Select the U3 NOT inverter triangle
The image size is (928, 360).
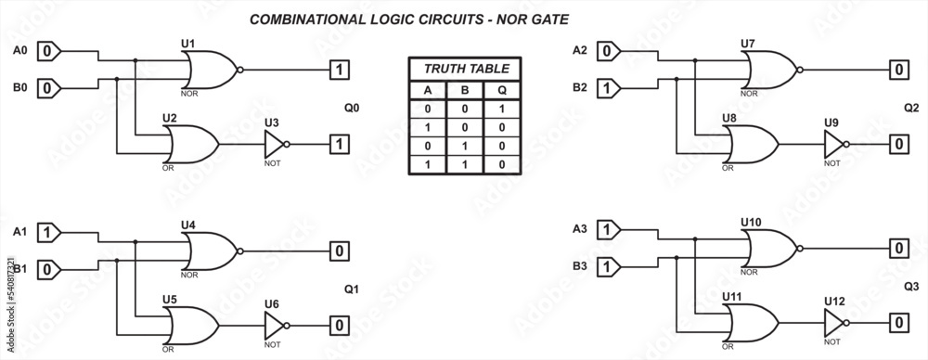(275, 144)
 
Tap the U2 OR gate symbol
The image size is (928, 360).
(190, 144)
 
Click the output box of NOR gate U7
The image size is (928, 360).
(898, 70)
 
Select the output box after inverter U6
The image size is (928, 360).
(341, 325)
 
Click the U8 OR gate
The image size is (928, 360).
(752, 144)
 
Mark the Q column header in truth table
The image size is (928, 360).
(502, 90)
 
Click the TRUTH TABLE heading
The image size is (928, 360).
(465, 70)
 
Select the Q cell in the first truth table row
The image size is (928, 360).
(502, 109)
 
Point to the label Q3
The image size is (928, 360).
(910, 286)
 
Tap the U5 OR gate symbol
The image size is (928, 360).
(190, 325)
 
